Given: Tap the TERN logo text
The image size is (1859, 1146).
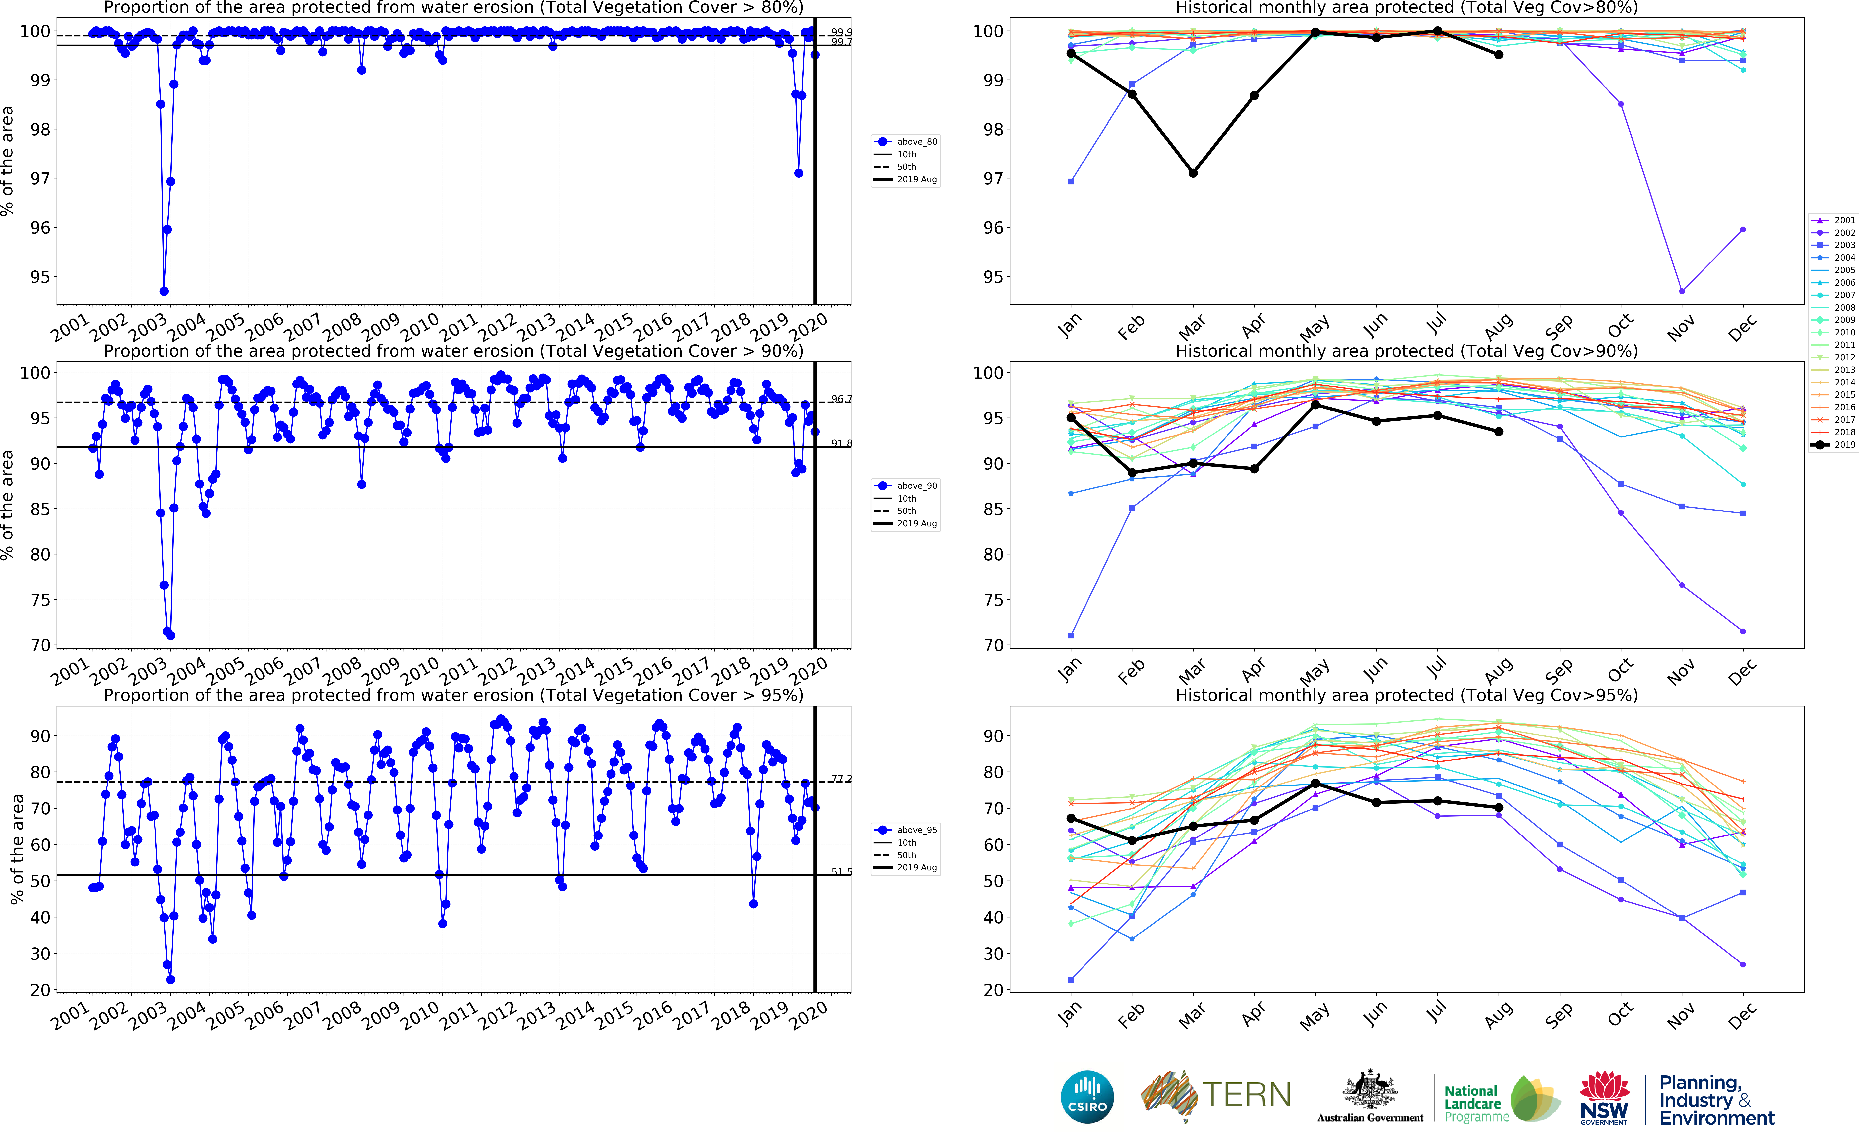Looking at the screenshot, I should [1246, 1094].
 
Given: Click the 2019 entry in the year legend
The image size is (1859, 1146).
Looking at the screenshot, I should [1833, 445].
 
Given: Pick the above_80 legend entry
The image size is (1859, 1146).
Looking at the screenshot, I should [907, 142].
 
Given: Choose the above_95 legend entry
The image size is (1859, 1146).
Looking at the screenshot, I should [907, 830].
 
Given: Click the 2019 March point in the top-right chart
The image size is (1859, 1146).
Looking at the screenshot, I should [1193, 173].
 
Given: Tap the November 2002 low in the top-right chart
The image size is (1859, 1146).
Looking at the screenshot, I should [1682, 291].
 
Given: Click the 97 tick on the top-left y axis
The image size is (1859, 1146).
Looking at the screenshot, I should [39, 179].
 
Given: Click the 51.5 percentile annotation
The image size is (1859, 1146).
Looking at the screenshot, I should [841, 872].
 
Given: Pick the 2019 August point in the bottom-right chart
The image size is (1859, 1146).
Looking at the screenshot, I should [1498, 807].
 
